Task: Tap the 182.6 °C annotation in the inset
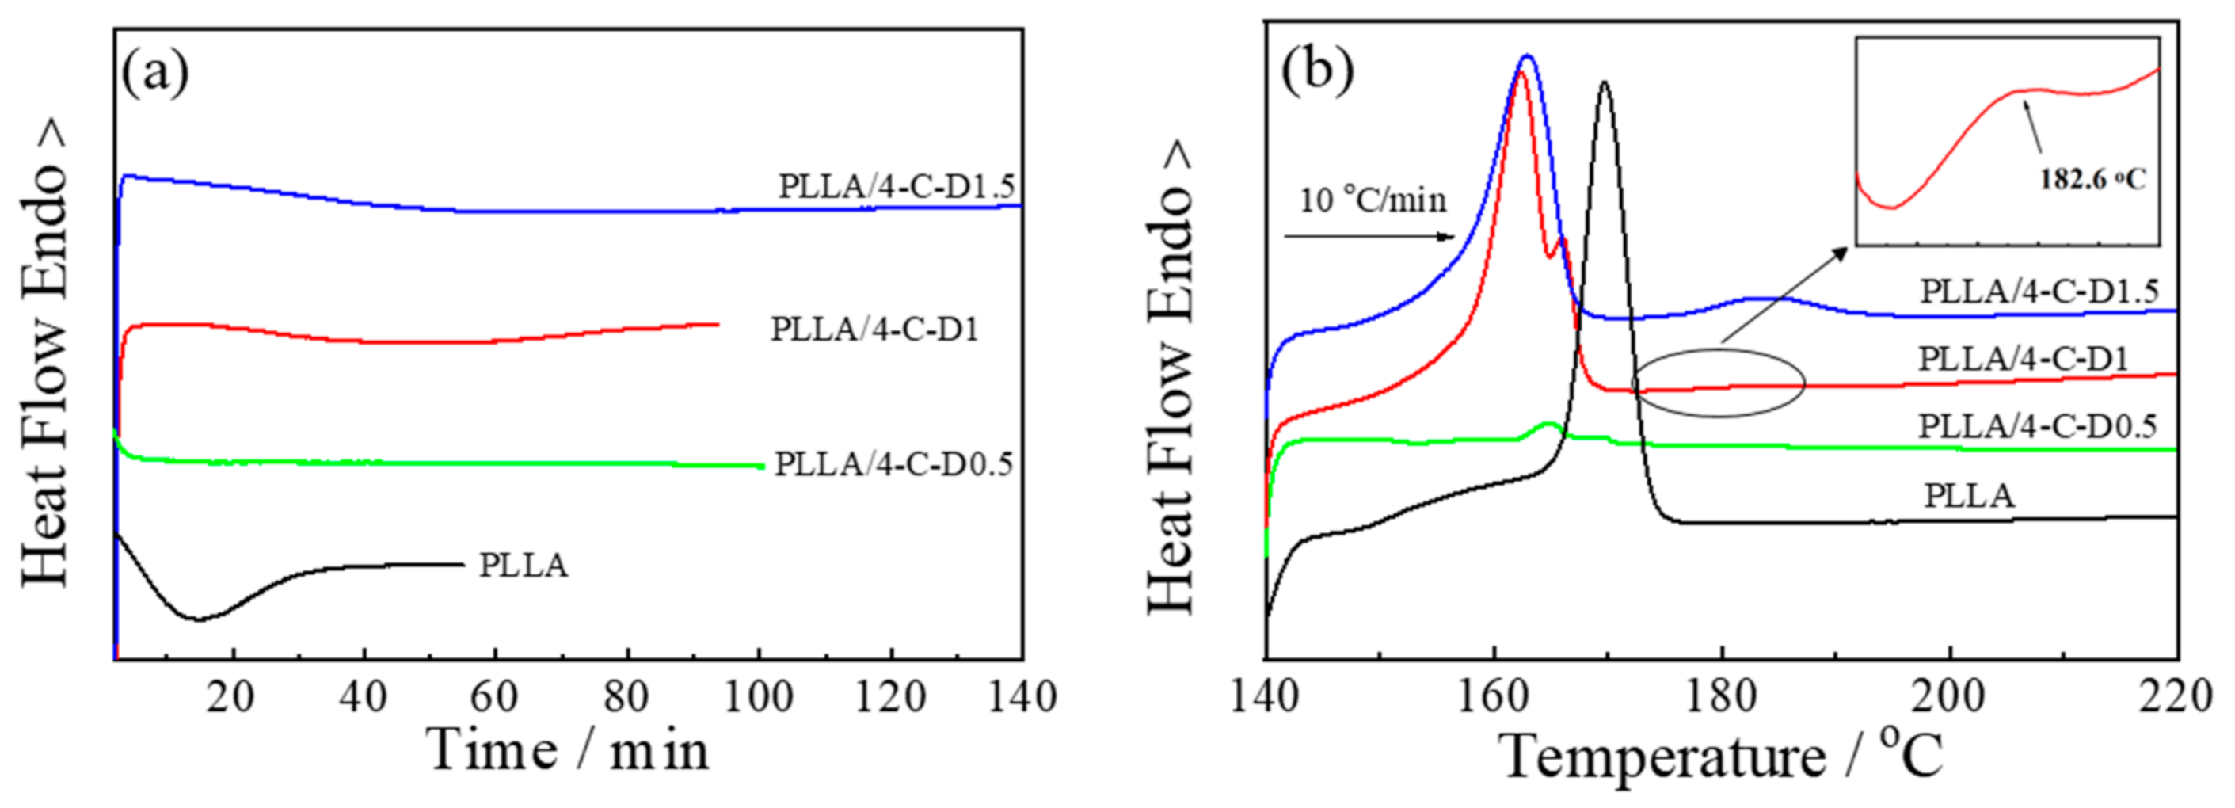[x=2092, y=180]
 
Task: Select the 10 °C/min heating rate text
[x=1373, y=200]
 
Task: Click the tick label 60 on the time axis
[x=493, y=697]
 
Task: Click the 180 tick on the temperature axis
[x=1720, y=697]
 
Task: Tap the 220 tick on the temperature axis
[x=2176, y=697]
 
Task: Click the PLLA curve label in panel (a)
[x=524, y=566]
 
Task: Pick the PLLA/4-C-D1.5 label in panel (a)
[x=896, y=187]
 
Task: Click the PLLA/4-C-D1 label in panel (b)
[x=2024, y=358]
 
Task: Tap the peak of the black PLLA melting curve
[x=1605, y=83]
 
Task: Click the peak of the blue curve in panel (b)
[x=1528, y=56]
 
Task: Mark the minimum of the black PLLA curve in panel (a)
[x=199, y=619]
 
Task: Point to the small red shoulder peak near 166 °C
[x=1562, y=239]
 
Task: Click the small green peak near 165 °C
[x=1548, y=425]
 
